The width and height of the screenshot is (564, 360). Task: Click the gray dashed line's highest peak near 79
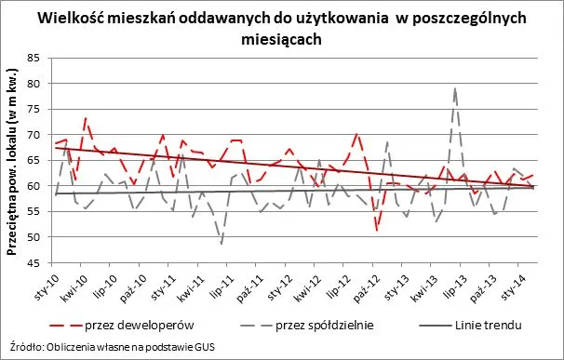coord(455,88)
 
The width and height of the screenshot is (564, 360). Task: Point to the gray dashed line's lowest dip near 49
coord(222,244)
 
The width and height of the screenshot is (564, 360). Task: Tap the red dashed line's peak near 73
coord(86,118)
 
